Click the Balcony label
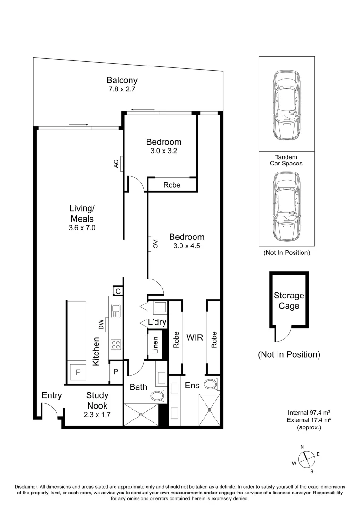coord(122,80)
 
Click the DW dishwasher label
coord(101,324)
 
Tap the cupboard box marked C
coord(118,291)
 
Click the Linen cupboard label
coord(155,345)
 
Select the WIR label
coord(194,337)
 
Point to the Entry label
coord(52,395)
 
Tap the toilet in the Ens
coord(212,384)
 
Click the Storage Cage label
coord(289,301)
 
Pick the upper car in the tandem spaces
coord(286,106)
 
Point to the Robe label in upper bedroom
coord(172,185)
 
